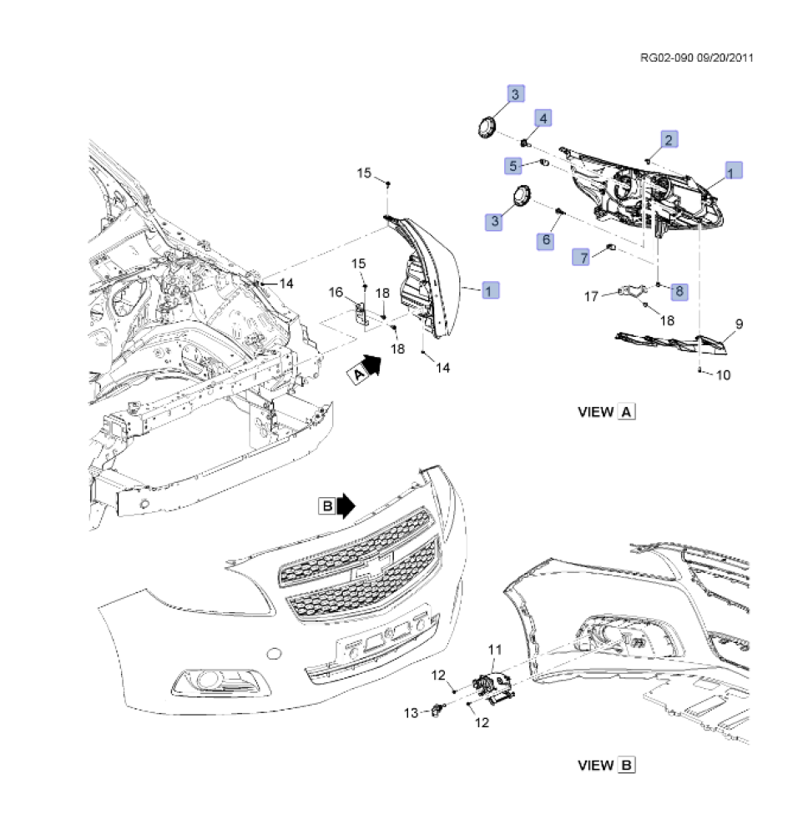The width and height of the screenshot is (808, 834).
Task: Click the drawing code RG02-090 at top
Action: click(668, 58)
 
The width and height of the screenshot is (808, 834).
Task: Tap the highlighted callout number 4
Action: click(542, 119)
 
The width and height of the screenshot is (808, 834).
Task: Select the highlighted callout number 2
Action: click(669, 139)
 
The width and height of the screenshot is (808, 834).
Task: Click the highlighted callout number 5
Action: click(513, 166)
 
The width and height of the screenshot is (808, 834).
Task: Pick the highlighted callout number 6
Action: click(547, 240)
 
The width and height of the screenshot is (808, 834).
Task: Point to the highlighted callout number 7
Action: click(582, 257)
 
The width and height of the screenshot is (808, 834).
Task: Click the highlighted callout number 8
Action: click(679, 291)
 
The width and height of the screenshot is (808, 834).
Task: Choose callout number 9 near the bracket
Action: click(739, 324)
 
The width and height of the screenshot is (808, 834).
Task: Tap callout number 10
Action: click(723, 375)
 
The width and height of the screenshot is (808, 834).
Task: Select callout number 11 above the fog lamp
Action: click(494, 648)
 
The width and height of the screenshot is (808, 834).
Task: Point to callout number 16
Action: click(336, 292)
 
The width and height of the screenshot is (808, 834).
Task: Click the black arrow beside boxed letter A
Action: click(372, 364)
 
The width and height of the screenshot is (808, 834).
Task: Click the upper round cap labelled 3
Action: click(485, 128)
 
